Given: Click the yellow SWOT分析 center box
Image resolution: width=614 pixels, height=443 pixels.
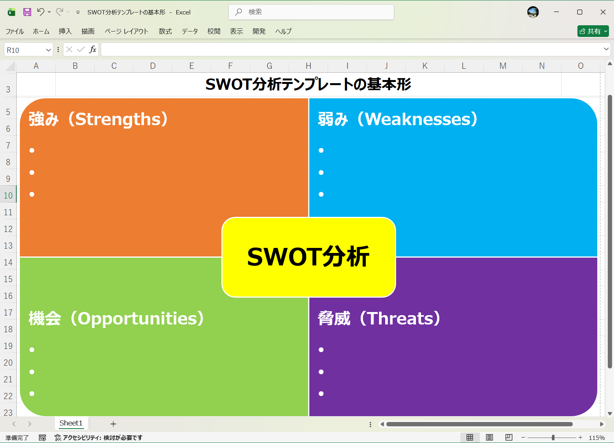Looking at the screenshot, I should point(309,257).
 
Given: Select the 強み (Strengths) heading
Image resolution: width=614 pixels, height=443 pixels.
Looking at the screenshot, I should point(98,119).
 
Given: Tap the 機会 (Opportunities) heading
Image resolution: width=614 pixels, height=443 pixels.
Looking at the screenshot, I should point(116,319).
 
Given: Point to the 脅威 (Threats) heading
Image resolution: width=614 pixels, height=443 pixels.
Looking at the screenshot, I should point(379,319).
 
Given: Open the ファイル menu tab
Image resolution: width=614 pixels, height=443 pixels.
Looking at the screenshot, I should point(15,31).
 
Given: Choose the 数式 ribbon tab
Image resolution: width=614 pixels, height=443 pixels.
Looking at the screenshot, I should point(165,31).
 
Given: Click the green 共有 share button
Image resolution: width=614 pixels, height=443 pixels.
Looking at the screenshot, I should point(593,31).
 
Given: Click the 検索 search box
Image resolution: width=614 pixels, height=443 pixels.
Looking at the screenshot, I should point(311,12).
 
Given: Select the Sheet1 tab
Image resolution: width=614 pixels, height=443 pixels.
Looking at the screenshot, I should point(71,423).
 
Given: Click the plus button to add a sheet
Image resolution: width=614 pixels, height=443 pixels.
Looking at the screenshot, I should point(113,424).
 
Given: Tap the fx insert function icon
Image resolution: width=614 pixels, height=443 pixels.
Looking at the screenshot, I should point(93,50).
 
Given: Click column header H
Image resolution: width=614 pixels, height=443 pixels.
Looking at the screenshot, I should point(308,66).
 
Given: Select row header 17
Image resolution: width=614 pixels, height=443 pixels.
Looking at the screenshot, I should point(8,313).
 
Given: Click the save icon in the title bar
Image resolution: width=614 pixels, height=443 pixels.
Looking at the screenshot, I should point(27,12).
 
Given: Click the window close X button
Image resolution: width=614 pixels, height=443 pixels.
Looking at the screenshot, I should point(603,12).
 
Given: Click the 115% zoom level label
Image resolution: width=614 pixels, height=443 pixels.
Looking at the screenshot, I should point(596,438).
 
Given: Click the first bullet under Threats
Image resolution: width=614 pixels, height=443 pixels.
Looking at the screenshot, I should point(321,350).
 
